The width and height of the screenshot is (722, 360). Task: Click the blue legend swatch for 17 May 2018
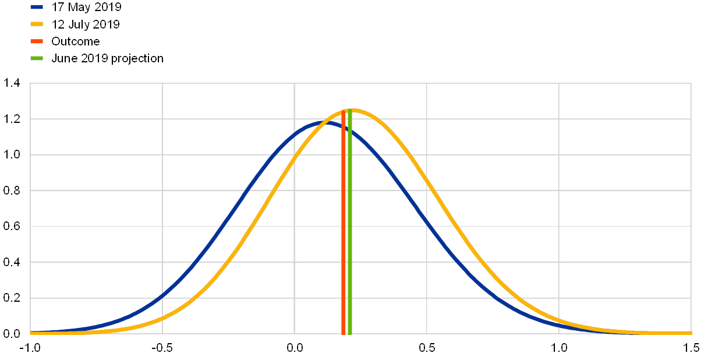point(37,8)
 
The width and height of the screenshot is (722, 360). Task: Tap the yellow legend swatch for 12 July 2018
point(37,24)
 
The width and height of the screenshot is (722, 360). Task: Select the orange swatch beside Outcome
point(37,41)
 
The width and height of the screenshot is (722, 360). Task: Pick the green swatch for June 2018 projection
point(37,58)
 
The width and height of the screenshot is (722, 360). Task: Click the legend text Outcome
point(76,41)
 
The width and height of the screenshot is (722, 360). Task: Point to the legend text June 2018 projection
point(107,58)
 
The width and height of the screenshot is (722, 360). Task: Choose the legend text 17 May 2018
point(86,8)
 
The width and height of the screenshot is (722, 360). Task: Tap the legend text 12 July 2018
point(86,24)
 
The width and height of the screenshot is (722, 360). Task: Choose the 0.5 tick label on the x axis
point(427,348)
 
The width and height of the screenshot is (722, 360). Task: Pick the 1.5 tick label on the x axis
point(691,348)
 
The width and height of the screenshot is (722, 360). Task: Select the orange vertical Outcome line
point(344,233)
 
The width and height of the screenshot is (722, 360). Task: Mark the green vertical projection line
point(350,233)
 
